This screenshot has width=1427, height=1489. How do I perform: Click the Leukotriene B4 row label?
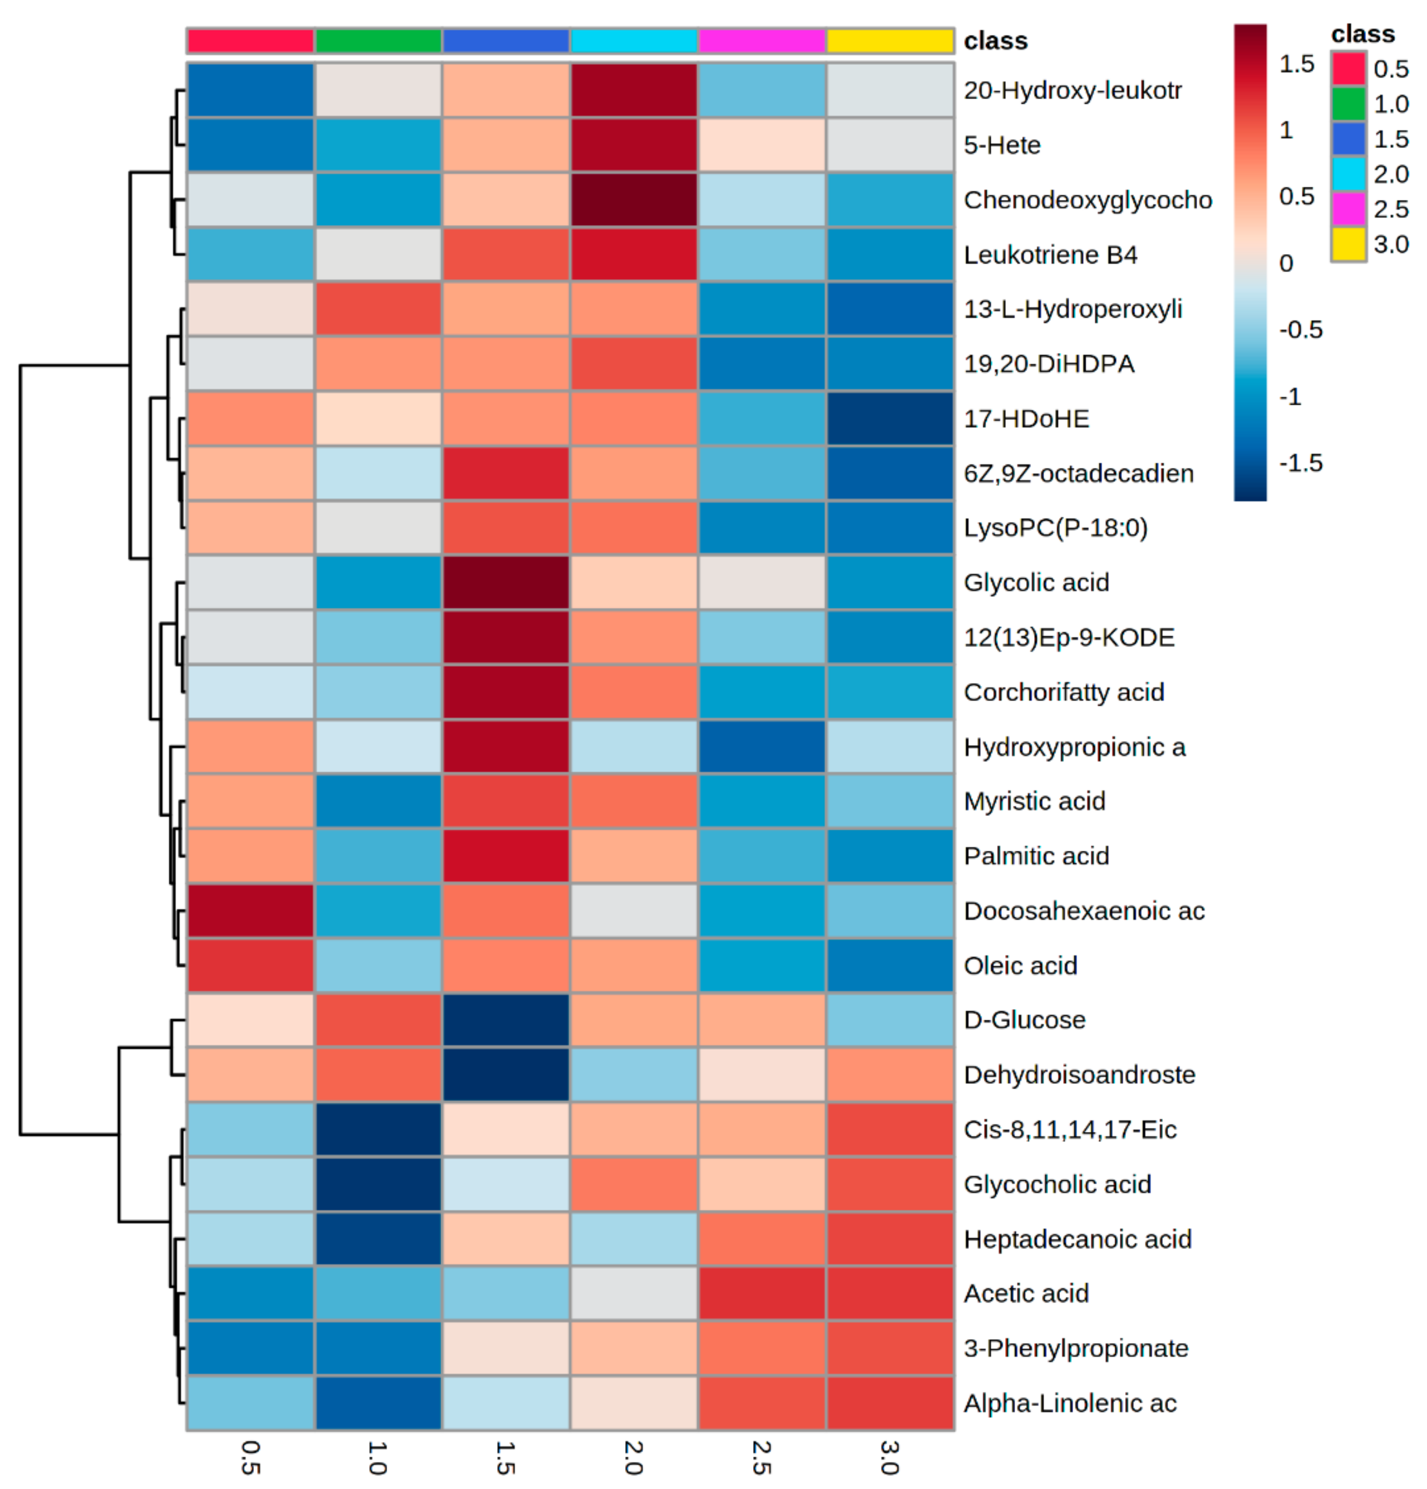coord(1050,255)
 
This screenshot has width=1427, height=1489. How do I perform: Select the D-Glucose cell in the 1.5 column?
coord(505,1020)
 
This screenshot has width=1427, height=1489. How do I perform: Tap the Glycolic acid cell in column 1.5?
coord(505,583)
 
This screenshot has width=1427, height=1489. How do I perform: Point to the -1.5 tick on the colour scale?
coord(1300,463)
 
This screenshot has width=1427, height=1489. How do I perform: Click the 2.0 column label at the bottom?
coord(633,1457)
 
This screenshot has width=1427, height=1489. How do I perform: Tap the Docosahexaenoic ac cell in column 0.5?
coord(250,910)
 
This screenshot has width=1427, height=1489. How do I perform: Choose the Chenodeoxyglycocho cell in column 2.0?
coord(633,200)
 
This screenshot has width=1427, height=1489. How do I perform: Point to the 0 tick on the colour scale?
coord(1286,263)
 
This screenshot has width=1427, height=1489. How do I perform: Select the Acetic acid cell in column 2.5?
coord(761,1293)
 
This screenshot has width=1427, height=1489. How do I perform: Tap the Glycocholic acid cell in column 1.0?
coord(377,1184)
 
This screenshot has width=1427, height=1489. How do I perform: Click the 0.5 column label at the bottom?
coord(250,1457)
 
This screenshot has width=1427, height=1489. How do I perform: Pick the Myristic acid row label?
coord(1034,801)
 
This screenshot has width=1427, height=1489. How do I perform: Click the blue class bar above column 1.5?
coord(505,40)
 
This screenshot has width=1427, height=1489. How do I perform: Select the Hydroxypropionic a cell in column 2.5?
coord(761,747)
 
